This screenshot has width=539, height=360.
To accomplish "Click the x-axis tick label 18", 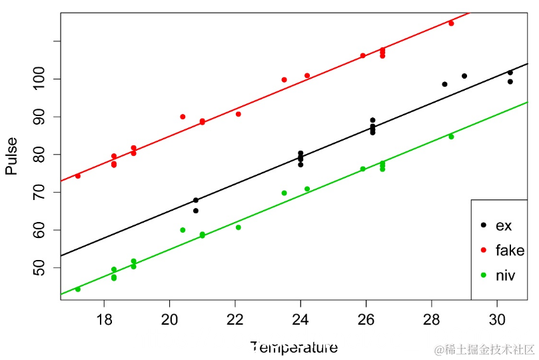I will pyautogui.click(x=104, y=319).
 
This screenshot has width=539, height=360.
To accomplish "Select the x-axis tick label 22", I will pyautogui.click(x=235, y=319).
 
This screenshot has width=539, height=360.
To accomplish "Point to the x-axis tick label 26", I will pyautogui.click(x=366, y=319).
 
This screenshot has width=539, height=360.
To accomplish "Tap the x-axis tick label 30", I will pyautogui.click(x=497, y=319).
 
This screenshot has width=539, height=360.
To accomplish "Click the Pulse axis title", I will pyautogui.click(x=11, y=156).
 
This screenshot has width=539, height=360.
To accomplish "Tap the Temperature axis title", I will pyautogui.click(x=294, y=347).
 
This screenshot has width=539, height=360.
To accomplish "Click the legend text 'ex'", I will pyautogui.click(x=504, y=226).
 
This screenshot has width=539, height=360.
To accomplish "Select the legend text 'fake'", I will pyautogui.click(x=510, y=251).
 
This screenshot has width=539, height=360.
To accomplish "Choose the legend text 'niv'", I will pyautogui.click(x=505, y=275).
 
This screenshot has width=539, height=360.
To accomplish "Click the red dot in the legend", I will pyautogui.click(x=483, y=251).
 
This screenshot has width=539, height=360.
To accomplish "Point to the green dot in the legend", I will pyautogui.click(x=483, y=275).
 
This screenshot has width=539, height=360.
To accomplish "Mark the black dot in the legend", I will pyautogui.click(x=483, y=226).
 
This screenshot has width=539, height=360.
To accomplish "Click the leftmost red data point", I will pyautogui.click(x=78, y=176).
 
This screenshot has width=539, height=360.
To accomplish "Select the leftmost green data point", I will pyautogui.click(x=78, y=289).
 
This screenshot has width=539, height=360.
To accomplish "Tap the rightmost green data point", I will pyautogui.click(x=451, y=137).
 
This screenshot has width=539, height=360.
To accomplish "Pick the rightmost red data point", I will pyautogui.click(x=451, y=23).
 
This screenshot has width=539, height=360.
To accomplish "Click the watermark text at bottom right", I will pyautogui.click(x=484, y=349).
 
